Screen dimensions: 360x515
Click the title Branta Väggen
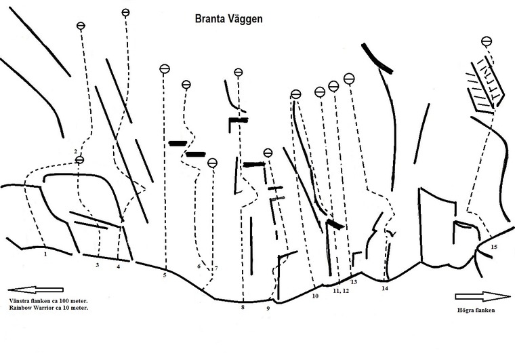click(x=228, y=20)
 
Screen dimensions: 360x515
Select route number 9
click(x=268, y=308)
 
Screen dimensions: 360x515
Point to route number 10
click(x=315, y=296)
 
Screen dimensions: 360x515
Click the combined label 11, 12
click(x=341, y=291)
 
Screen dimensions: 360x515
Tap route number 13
click(x=354, y=281)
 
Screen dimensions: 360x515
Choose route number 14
click(x=385, y=289)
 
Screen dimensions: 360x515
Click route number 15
click(x=493, y=247)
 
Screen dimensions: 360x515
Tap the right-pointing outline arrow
click(x=482, y=296)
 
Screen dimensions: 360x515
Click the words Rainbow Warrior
click(x=33, y=308)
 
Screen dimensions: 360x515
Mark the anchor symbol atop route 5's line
click(x=165, y=69)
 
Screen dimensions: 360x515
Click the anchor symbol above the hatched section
click(x=487, y=41)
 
